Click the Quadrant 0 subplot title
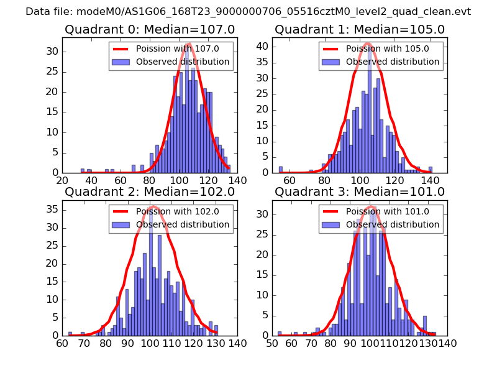pyautogui.click(x=150, y=30)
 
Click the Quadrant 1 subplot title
pyautogui.click(x=360, y=30)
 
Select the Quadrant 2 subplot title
pyautogui.click(x=150, y=192)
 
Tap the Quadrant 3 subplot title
pyautogui.click(x=360, y=192)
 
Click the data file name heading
pyautogui.click(x=248, y=12)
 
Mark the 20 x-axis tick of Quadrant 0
pyautogui.click(x=62, y=180)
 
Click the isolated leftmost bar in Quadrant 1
pyautogui.click(x=281, y=169)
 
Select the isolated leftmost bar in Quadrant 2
pyautogui.click(x=70, y=334)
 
